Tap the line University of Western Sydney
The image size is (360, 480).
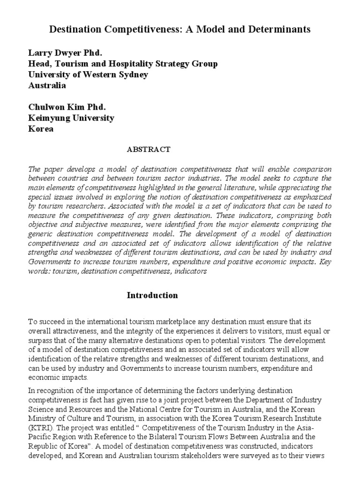pyautogui.click(x=89, y=75)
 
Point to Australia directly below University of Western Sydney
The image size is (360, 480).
pyautogui.click(x=47, y=86)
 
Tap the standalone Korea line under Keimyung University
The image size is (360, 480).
pyautogui.click(x=41, y=129)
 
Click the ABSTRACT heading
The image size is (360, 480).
pyautogui.click(x=149, y=150)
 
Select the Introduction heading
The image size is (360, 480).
pyautogui.click(x=152, y=295)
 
